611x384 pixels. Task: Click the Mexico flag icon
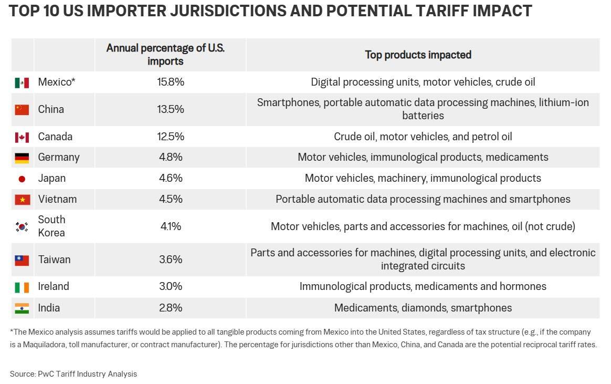pyautogui.click(x=22, y=82)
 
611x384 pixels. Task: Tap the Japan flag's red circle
pyautogui.click(x=22, y=179)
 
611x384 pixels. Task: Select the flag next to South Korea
pyautogui.click(x=22, y=226)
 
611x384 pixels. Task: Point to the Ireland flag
pyautogui.click(x=22, y=287)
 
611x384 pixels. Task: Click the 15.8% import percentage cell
pyautogui.click(x=171, y=82)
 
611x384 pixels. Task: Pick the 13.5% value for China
pyautogui.click(x=171, y=109)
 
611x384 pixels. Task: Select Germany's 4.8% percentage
pyautogui.click(x=171, y=157)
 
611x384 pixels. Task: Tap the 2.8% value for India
pyautogui.click(x=171, y=308)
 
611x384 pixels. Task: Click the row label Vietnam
pyautogui.click(x=57, y=199)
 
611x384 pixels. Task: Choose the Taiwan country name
pyautogui.click(x=54, y=260)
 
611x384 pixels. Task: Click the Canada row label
pyautogui.click(x=55, y=137)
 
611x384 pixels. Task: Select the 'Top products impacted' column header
pyautogui.click(x=418, y=55)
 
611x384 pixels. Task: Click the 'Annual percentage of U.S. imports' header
pyautogui.click(x=165, y=54)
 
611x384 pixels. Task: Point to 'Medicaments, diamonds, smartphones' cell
pyautogui.click(x=423, y=308)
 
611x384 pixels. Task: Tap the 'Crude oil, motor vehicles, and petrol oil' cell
pyautogui.click(x=423, y=137)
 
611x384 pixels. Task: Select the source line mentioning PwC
pyautogui.click(x=73, y=374)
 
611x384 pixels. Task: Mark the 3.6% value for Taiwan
pyautogui.click(x=171, y=260)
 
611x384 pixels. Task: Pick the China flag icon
pyautogui.click(x=22, y=110)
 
